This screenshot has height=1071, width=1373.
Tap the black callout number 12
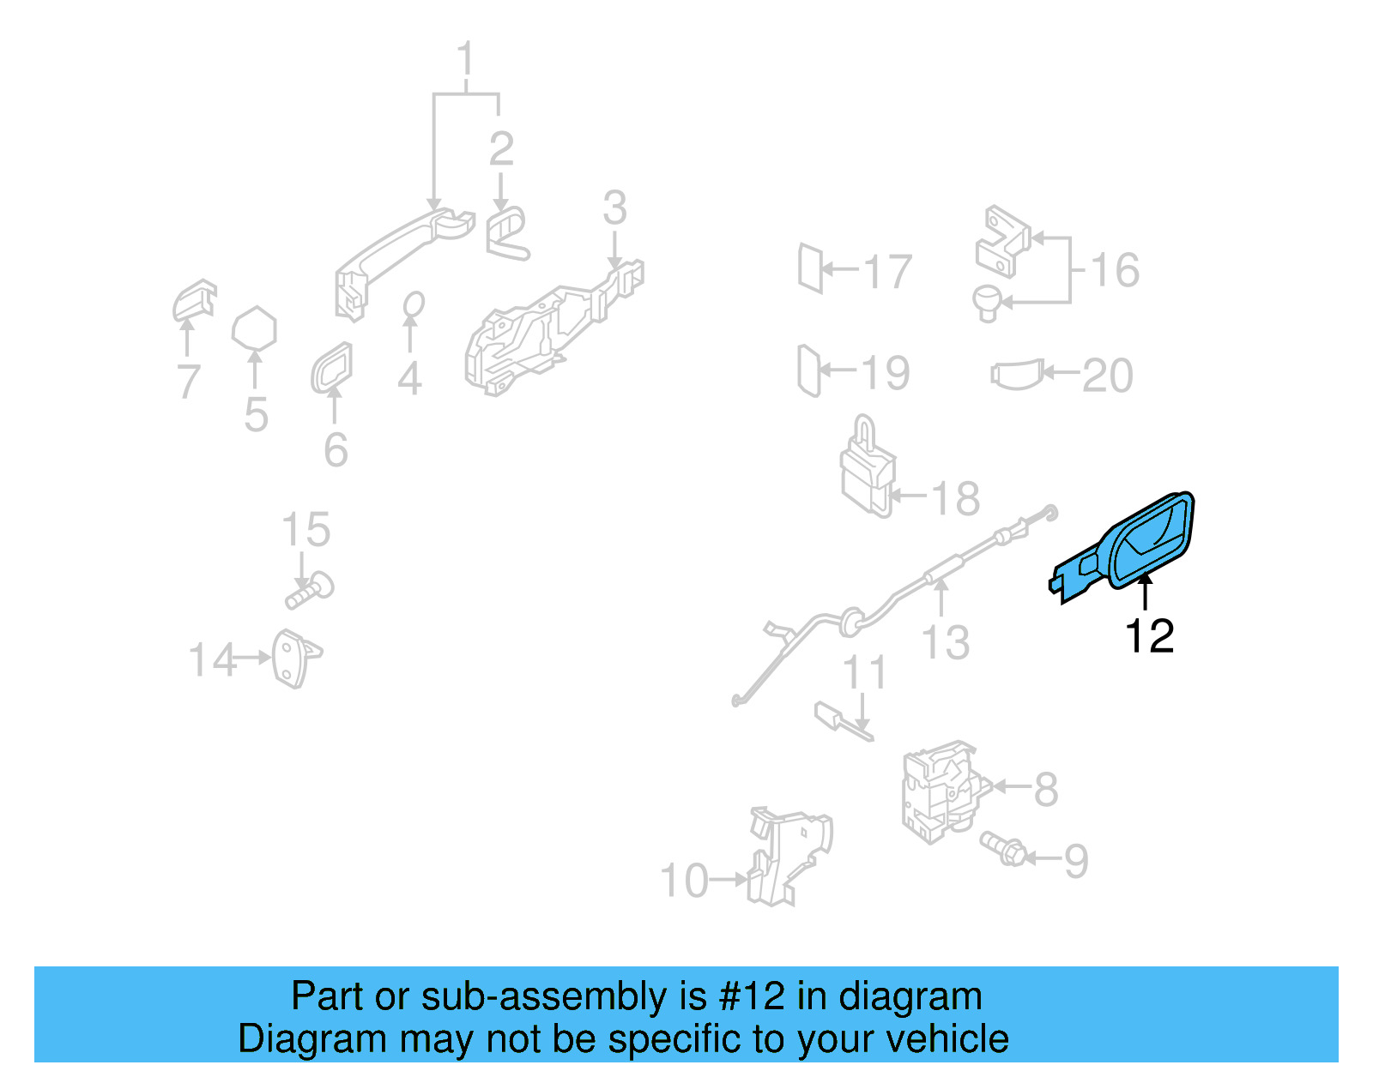point(1148,636)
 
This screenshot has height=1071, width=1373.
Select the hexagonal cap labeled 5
point(254,328)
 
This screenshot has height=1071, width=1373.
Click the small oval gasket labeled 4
point(413,304)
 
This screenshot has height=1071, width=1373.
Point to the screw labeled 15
point(310,591)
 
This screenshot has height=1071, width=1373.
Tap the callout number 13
point(945,642)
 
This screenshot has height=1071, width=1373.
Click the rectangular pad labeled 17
point(810,268)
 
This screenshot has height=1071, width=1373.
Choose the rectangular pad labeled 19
point(808,370)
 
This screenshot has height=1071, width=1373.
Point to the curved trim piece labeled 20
point(1018,375)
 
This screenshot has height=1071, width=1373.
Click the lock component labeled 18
point(867,472)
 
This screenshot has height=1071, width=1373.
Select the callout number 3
point(614,208)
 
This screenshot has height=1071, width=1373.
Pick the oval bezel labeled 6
point(331,369)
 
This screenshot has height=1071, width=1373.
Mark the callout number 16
point(1115,270)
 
